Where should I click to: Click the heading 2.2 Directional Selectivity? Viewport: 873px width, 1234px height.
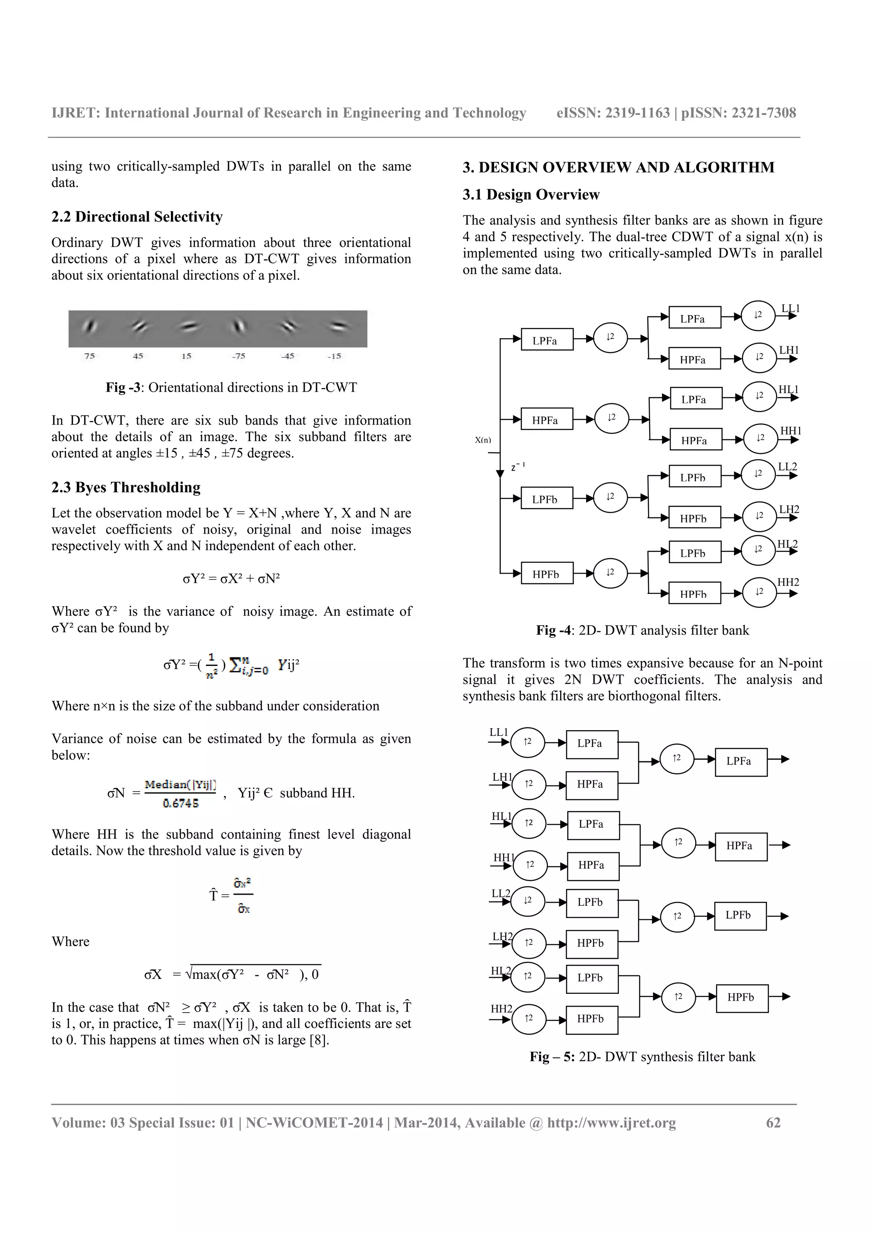coord(137,217)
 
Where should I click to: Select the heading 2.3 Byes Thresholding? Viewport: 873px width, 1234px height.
coord(126,488)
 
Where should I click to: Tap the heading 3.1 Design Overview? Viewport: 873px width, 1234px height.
coord(530,195)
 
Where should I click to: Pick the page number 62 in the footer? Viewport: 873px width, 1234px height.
coord(773,1123)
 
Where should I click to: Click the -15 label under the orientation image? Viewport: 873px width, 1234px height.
coord(334,356)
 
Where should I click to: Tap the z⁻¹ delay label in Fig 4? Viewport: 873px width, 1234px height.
coord(517,468)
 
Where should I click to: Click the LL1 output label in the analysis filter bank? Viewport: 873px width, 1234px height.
coord(790,308)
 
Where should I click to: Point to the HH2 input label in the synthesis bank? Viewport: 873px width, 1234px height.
coord(501,1009)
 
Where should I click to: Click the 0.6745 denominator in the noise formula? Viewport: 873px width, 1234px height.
coord(181,804)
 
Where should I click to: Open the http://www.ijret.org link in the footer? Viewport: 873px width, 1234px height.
coord(612,1123)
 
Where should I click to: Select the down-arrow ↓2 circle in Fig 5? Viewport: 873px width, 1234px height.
coord(528,900)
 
